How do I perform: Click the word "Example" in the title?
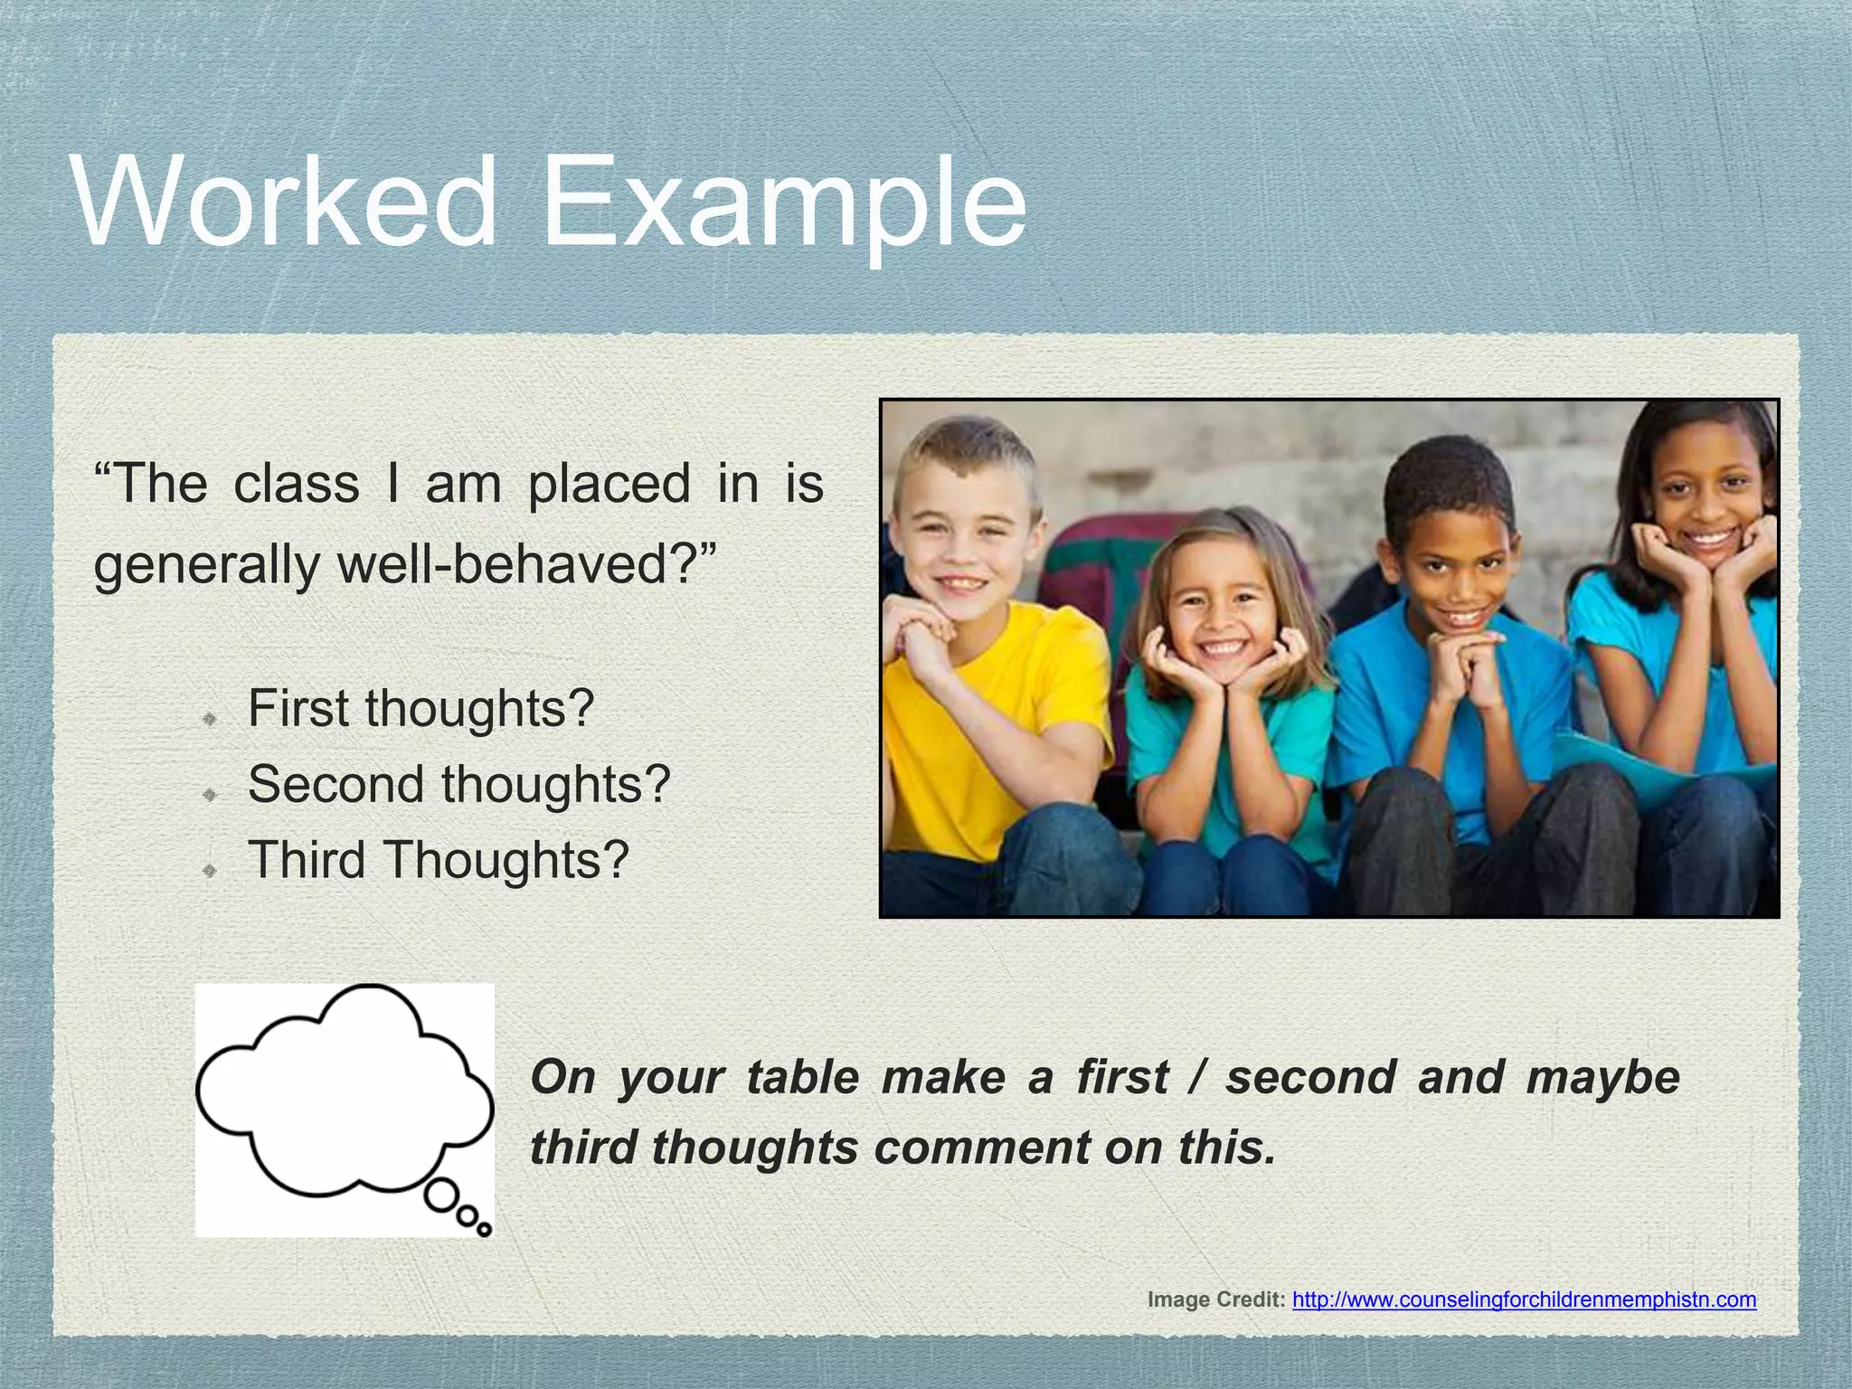coord(783,204)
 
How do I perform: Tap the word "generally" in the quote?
coord(206,566)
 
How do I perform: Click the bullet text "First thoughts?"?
coord(420,708)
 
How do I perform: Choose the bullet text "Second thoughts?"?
coord(458,784)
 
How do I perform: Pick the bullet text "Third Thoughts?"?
coord(438,859)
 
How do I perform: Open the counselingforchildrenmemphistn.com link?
coord(1524,1300)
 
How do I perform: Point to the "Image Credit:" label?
coord(1215,1300)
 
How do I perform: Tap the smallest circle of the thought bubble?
coord(485,1229)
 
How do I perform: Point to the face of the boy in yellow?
coord(963,543)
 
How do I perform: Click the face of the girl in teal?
coord(1221,615)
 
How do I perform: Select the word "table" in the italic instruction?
coord(802,1078)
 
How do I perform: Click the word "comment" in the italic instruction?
coord(981,1148)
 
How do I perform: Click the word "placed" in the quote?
coord(609,485)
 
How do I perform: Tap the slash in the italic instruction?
coord(1196,1078)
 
